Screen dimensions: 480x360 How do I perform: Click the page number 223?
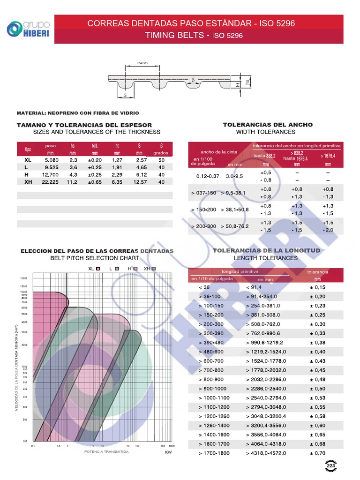[331, 465]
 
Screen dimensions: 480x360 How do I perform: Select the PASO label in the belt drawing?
[142, 63]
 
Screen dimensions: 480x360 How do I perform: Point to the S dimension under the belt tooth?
[126, 95]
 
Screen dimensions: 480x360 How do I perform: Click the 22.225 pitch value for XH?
[50, 182]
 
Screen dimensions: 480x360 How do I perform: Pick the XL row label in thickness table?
[28, 160]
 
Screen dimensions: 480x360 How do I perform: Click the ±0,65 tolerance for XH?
[95, 182]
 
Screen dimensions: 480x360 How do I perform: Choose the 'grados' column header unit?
[161, 153]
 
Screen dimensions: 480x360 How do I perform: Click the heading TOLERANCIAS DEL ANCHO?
[268, 125]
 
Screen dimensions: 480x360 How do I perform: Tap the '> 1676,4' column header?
[328, 156]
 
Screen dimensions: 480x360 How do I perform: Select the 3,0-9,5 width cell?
[234, 176]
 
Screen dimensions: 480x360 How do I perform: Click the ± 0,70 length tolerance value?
[317, 453]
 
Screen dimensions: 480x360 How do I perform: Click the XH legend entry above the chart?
[150, 269]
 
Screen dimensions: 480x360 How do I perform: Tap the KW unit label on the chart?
[169, 453]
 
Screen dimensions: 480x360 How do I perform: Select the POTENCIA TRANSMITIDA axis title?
[106, 452]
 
